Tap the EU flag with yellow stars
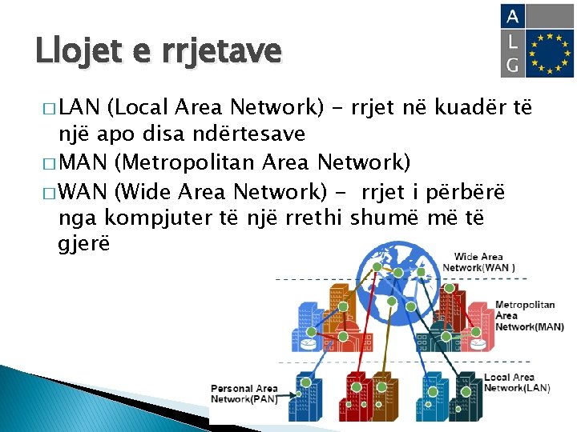pyautogui.click(x=549, y=54)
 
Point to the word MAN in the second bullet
pyautogui.click(x=86, y=164)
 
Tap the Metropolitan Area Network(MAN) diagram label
pyautogui.click(x=528, y=316)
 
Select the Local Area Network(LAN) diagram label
pyautogui.click(x=517, y=382)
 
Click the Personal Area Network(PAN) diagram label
pyautogui.click(x=244, y=394)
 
